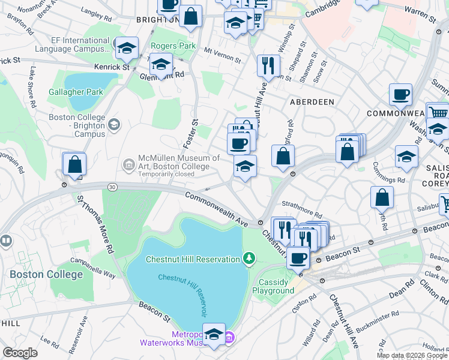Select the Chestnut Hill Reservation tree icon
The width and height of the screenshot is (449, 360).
point(249,259)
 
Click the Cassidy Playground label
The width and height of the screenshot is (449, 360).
point(276,286)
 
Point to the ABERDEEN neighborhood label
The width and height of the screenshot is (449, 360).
point(312,102)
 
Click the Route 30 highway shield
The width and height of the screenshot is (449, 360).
point(112,187)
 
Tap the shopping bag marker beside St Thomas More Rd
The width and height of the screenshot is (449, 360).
point(74,165)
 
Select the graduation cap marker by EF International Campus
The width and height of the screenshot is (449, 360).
point(127,49)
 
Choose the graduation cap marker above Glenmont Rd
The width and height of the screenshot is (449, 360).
point(161,64)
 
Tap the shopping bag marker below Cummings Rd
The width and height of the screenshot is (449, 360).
point(382,198)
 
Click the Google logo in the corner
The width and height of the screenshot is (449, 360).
point(20,353)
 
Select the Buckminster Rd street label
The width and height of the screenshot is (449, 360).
point(379,314)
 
